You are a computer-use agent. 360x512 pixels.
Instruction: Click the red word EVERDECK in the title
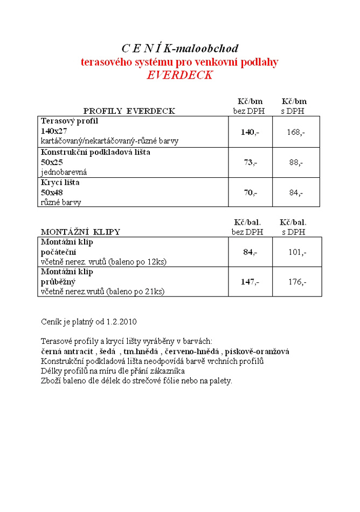coord(179,75)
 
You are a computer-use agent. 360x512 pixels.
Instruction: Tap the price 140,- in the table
coord(250,132)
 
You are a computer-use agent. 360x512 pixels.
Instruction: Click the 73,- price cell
coord(250,162)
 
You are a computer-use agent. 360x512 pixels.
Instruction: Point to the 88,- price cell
coord(296,162)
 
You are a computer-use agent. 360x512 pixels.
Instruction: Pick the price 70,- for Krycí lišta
coord(250,192)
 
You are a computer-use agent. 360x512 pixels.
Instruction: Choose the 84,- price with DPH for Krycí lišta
coord(296,192)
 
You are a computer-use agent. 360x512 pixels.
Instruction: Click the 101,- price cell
coord(297,252)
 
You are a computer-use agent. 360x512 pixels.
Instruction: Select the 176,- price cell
coord(297,281)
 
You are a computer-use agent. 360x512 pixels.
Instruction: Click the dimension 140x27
coord(54,131)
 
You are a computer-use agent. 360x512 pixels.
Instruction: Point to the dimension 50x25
coord(52,162)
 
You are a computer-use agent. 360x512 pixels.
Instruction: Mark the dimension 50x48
coord(52,192)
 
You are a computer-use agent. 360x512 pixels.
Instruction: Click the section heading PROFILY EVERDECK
coord(129,111)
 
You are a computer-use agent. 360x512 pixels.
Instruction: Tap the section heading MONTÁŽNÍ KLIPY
coord(80,232)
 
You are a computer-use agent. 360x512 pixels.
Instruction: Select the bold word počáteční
coord(59,252)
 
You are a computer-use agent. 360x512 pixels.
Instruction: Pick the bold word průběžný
coord(58,281)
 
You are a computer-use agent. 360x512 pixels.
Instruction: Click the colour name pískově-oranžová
coord(257,351)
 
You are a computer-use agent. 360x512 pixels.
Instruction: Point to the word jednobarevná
coord(64,172)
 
